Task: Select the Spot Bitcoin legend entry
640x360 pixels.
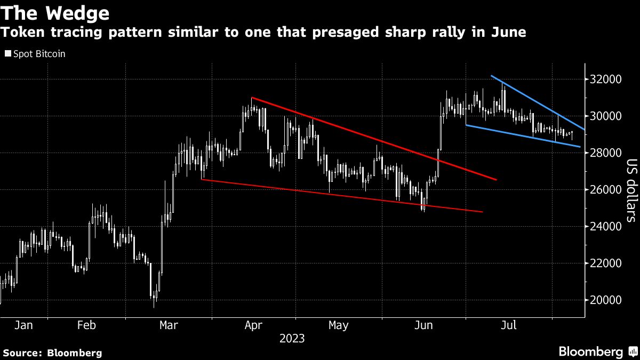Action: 35,54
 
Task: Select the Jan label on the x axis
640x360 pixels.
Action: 24,325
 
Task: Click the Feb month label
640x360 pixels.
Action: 86,325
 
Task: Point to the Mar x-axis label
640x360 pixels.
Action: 169,325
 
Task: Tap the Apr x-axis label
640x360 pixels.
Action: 254,325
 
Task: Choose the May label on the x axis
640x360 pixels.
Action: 338,325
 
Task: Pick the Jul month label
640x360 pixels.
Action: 508,325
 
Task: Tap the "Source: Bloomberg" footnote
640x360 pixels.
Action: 52,353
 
